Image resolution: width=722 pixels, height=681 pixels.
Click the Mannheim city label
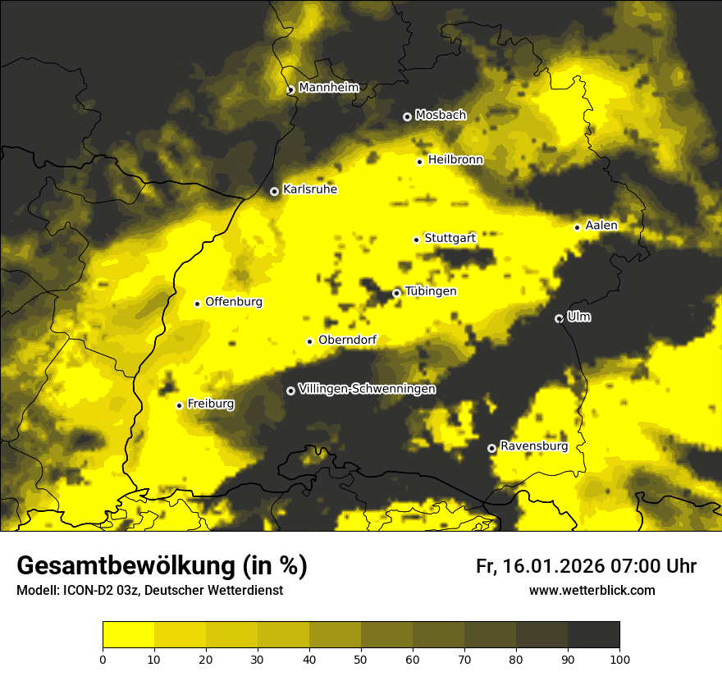(328, 88)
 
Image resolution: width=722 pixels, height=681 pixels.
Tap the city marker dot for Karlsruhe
(274, 191)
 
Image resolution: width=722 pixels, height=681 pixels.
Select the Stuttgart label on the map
(450, 238)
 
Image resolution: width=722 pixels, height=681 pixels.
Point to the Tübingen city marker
(396, 293)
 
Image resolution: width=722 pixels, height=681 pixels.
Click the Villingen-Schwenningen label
(367, 389)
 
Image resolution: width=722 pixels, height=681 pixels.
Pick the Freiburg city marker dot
(179, 405)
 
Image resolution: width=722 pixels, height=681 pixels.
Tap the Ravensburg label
(533, 446)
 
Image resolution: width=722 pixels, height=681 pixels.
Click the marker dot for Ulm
(559, 318)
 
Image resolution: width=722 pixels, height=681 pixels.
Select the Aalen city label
(601, 226)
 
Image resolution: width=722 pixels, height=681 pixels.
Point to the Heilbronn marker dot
(419, 162)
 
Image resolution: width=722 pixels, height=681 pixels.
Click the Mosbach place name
(440, 116)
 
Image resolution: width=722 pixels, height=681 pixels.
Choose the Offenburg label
(234, 302)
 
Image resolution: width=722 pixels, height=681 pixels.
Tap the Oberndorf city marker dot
(309, 341)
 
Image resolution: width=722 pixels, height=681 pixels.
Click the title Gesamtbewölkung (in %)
(162, 566)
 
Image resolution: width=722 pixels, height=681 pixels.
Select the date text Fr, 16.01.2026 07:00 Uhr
(586, 566)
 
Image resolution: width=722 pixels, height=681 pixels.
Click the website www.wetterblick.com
(592, 591)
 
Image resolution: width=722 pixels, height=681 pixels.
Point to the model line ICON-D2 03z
(149, 591)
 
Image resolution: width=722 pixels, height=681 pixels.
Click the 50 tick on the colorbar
(361, 659)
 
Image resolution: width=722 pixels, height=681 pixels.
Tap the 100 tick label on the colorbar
(619, 659)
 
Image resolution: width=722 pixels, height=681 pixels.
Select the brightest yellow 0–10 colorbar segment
(128, 635)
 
